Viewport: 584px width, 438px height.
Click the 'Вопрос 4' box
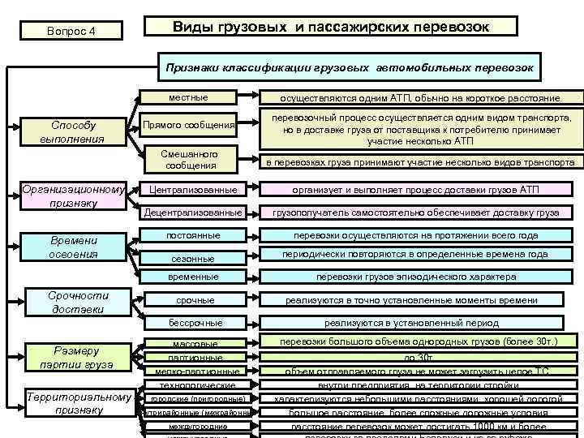tap(71, 32)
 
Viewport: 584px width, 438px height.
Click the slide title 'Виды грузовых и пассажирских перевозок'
tap(330, 27)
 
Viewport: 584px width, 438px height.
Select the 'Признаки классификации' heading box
tap(350, 68)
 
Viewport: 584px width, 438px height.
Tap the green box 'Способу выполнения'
tap(73, 131)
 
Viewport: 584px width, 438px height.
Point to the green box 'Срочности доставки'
tap(79, 303)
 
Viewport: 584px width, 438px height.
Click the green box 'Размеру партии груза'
tap(79, 358)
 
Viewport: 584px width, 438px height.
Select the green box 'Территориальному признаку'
tap(79, 404)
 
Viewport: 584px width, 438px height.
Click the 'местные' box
tap(188, 98)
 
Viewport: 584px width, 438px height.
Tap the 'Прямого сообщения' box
tap(188, 125)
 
